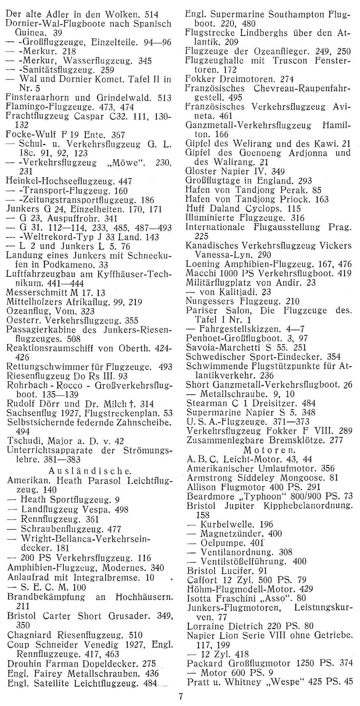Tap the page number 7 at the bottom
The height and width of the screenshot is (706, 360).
pyautogui.click(x=180, y=697)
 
